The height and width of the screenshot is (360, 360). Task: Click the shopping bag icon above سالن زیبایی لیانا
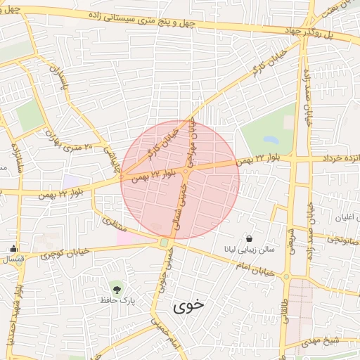(250, 238)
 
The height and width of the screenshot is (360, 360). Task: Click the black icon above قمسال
(13, 248)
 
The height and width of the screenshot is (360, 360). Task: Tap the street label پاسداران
(59, 84)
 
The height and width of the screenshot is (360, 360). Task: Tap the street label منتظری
(113, 226)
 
